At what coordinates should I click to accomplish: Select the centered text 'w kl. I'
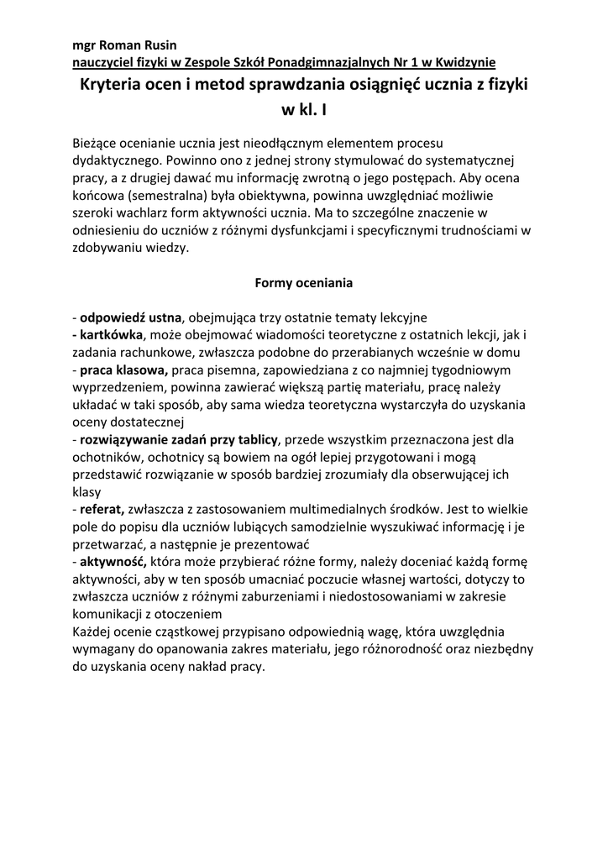(x=304, y=110)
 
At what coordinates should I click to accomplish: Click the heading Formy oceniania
(x=304, y=283)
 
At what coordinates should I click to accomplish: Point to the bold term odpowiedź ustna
(x=131, y=317)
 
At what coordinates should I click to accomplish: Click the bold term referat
(x=102, y=509)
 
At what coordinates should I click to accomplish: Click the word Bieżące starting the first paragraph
(x=97, y=144)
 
